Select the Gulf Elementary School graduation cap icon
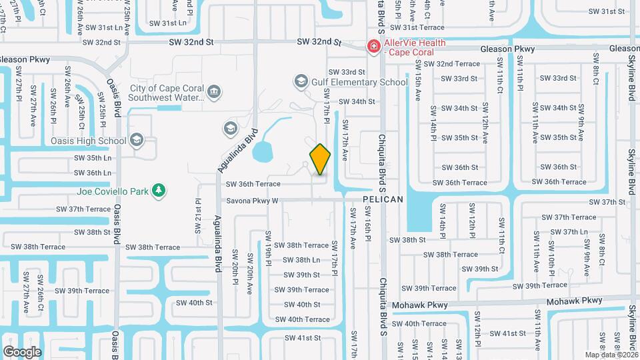pos(301,82)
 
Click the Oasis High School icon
pos(137,140)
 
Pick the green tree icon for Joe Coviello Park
pos(159,191)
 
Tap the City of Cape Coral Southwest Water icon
pos(214,92)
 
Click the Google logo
pos(22,351)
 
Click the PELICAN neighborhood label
pos(383,199)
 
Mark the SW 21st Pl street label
pos(198,215)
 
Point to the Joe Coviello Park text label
pos(112,191)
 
